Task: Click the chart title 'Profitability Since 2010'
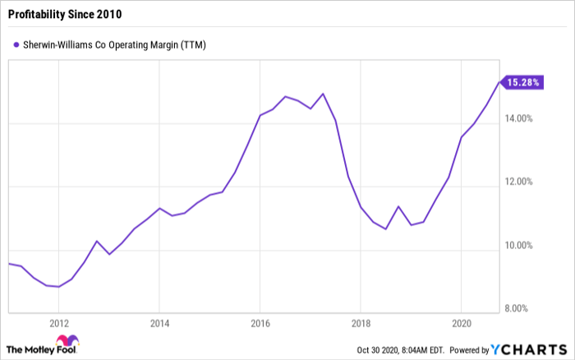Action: click(65, 14)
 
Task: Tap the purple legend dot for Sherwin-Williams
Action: click(16, 45)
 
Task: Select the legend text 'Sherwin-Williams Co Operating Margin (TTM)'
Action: click(114, 45)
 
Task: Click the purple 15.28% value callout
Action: click(522, 82)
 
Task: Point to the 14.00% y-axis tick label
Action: click(518, 118)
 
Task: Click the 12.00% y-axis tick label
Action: click(518, 182)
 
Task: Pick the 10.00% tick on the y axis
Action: click(518, 245)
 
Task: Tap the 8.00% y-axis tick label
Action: click(516, 308)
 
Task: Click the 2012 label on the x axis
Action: click(58, 323)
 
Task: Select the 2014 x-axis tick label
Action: click(159, 323)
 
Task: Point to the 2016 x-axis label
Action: click(260, 323)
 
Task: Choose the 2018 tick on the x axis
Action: click(361, 323)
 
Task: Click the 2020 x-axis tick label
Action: click(462, 323)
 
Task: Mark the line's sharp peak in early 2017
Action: click(323, 94)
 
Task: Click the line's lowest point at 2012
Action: click(58, 287)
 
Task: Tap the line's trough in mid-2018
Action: click(386, 229)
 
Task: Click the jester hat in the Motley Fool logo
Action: click(67, 340)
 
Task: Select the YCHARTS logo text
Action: click(528, 349)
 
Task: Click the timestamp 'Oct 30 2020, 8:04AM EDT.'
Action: click(401, 350)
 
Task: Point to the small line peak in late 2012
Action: click(96, 241)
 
